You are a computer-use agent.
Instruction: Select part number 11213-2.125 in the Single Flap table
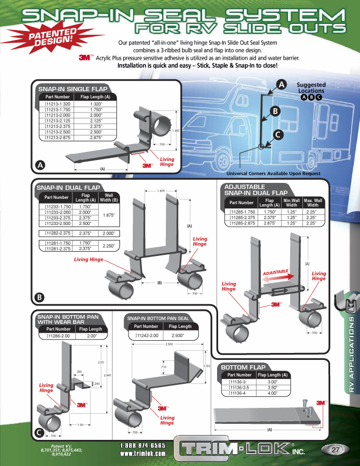point(58,120)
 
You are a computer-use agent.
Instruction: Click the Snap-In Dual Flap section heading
point(68,188)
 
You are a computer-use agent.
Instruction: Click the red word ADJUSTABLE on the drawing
point(275,272)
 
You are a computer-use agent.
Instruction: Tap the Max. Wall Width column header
point(313,203)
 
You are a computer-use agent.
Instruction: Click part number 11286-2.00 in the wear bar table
point(58,336)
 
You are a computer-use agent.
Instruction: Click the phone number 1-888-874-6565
point(142,445)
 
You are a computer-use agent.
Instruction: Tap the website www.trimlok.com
point(142,454)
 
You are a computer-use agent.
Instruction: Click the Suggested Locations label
point(311,88)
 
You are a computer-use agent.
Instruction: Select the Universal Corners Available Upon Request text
point(274,174)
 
